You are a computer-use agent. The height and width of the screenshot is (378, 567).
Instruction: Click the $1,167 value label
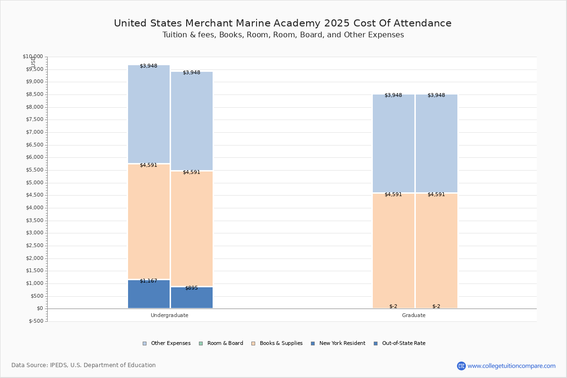[x=148, y=281]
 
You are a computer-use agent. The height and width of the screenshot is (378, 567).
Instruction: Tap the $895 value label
[x=191, y=288]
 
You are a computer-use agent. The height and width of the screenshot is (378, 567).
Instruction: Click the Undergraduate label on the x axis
[x=170, y=315]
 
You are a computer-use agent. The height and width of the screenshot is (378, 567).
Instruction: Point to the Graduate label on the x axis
[x=414, y=315]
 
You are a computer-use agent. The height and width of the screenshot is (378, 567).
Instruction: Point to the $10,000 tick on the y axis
[x=33, y=57]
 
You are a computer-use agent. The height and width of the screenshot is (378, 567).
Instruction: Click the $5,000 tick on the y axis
[x=34, y=183]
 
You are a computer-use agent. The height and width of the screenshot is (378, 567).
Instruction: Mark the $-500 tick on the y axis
[x=36, y=321]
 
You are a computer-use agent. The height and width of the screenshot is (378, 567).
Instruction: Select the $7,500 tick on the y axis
[x=34, y=120]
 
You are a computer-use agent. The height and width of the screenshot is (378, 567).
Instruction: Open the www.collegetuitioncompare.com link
[x=511, y=366]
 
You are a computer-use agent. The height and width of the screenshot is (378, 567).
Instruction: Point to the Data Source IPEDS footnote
[x=84, y=365]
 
